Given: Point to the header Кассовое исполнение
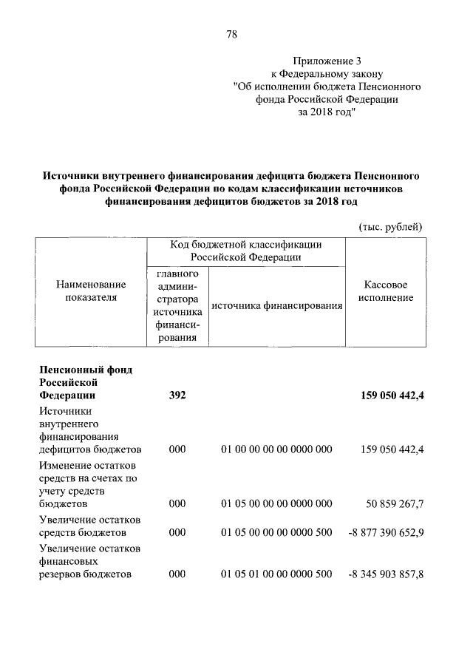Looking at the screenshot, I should tap(386, 291).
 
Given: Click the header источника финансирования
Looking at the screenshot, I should tap(276, 305).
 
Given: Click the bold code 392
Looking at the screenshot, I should tap(177, 395).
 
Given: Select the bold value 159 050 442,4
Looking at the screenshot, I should tap(384, 395).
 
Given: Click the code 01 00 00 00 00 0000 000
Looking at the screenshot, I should tap(276, 449).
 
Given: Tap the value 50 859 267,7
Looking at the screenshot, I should tap(395, 504).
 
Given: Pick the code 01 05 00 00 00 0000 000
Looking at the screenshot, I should tap(276, 504).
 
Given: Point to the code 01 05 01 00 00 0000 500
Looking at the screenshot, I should tap(276, 574).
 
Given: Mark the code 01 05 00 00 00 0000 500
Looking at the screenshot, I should tap(276, 532).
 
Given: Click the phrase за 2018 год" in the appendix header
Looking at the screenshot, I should tap(327, 112).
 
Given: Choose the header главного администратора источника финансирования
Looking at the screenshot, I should tap(177, 305).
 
